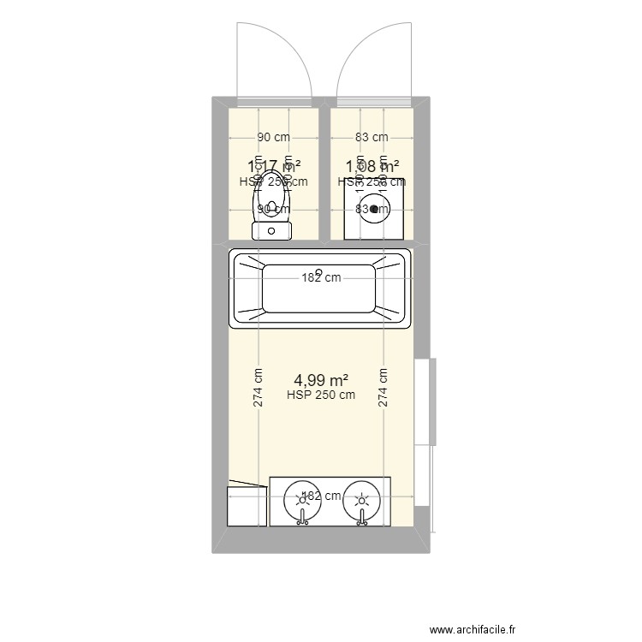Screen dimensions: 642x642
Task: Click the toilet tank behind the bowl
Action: (273, 229)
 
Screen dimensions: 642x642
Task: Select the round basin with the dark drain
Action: (373, 209)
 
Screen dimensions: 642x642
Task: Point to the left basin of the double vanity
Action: (301, 498)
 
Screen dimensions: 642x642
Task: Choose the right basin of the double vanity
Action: (362, 498)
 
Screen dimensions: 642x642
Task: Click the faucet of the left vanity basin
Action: (301, 516)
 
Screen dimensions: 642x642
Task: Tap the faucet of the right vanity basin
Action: (362, 516)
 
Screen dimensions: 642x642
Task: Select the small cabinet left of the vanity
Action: (245, 506)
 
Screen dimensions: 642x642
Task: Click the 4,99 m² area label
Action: (321, 379)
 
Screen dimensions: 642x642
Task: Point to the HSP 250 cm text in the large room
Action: (321, 395)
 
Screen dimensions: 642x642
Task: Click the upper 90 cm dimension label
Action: (273, 137)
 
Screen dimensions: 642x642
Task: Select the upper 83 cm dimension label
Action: (372, 137)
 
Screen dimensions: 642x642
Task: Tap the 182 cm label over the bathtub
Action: (320, 277)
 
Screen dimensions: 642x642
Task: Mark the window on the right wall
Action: (425, 401)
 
